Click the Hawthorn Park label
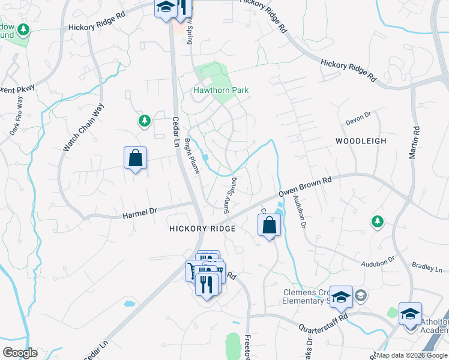(x=220, y=91)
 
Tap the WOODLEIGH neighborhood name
(x=360, y=141)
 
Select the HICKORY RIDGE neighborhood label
(x=202, y=229)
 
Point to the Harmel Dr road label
(x=139, y=212)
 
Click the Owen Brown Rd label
(x=305, y=187)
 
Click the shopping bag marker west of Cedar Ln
(x=135, y=158)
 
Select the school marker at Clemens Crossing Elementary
(x=341, y=296)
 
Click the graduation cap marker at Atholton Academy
(x=411, y=314)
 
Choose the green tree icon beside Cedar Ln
(x=144, y=122)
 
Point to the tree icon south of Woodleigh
(x=377, y=222)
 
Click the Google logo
(x=20, y=353)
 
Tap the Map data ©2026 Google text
(x=412, y=355)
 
